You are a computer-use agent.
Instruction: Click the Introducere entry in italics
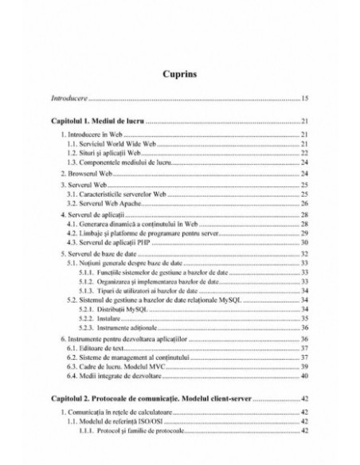68,100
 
